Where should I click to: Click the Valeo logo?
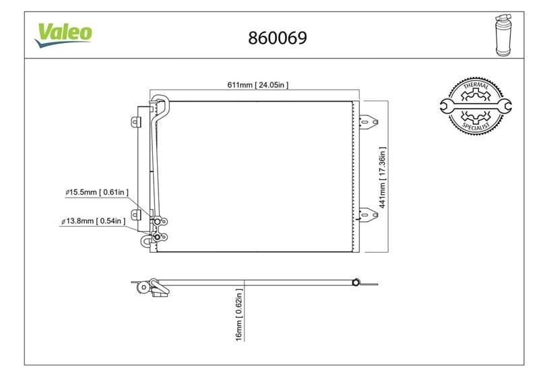pos(63,35)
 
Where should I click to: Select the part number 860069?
pos(278,38)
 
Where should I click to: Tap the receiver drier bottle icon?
pos(503,35)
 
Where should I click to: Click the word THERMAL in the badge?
pos(476,86)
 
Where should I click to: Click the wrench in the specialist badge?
pos(476,106)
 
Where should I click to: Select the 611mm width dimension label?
pos(258,85)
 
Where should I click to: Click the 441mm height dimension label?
pos(382,177)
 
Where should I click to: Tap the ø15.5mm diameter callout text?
pos(97,192)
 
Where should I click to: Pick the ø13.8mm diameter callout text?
pos(94,221)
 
